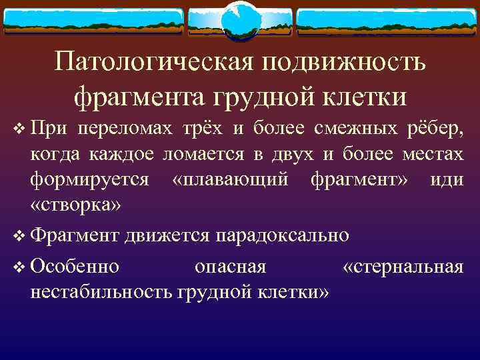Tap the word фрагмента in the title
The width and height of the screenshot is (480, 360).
click(x=137, y=97)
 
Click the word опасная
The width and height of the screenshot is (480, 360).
click(x=230, y=267)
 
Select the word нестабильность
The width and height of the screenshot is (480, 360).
click(x=102, y=291)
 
